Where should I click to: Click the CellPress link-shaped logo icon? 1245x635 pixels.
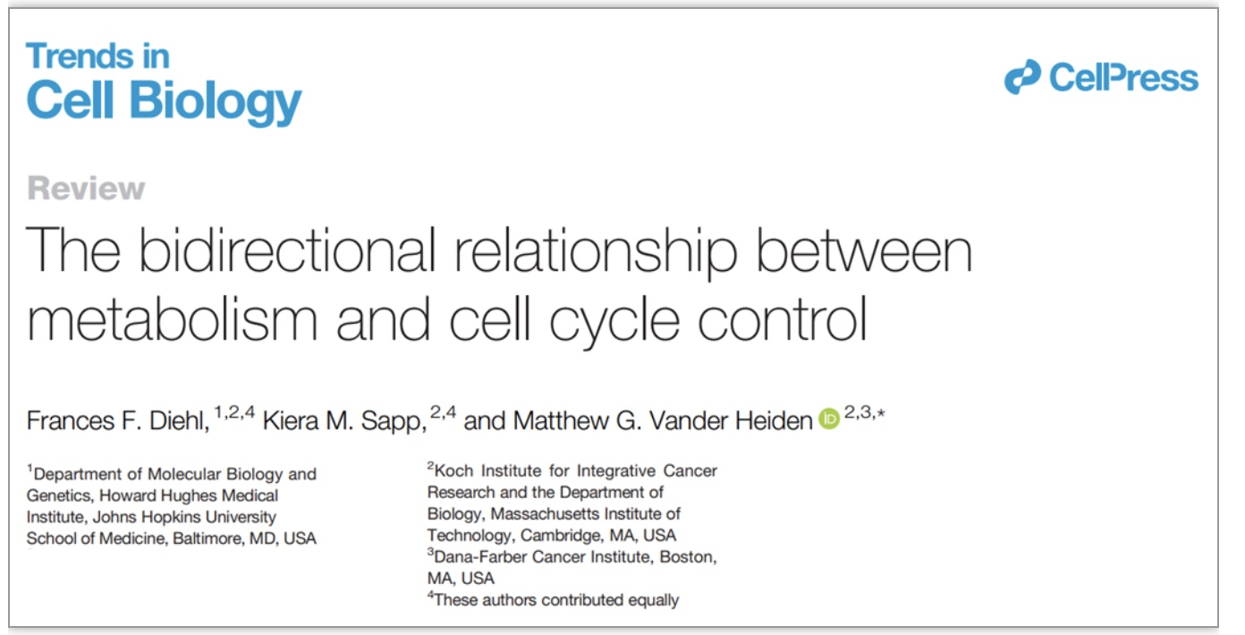(x=1022, y=77)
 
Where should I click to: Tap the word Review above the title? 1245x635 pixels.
(x=86, y=189)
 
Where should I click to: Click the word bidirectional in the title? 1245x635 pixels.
(x=287, y=250)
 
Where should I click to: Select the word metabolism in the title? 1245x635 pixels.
(x=173, y=319)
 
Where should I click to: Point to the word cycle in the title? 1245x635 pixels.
(x=614, y=322)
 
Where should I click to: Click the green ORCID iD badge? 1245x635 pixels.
(x=829, y=419)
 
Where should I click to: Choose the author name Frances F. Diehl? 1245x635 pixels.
(x=117, y=420)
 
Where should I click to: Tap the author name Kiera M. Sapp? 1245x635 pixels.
(x=344, y=420)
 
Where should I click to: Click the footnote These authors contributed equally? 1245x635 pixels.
(x=556, y=600)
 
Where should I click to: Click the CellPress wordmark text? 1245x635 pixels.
(x=1123, y=77)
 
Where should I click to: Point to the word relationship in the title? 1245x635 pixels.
(x=596, y=253)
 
